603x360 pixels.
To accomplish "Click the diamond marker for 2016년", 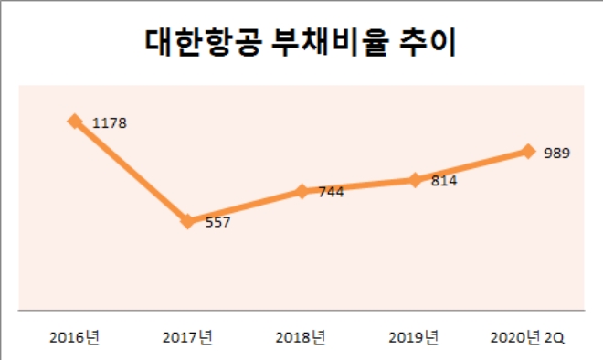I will click(x=74, y=120).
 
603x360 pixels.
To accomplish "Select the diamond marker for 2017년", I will click(x=187, y=221).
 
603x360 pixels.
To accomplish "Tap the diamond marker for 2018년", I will click(x=301, y=191).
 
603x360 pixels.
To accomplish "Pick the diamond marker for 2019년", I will click(x=415, y=180).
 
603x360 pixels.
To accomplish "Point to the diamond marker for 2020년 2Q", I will click(x=527, y=151).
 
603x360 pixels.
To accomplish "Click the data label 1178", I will click(x=108, y=122).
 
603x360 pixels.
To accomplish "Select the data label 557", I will click(x=217, y=222).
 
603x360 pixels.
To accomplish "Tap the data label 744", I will click(x=331, y=192).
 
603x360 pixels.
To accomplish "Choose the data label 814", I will click(x=444, y=181).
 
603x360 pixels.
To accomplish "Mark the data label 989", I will click(x=556, y=153).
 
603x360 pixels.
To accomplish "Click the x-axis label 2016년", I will click(x=75, y=337).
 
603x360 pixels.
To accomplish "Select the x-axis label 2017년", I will click(x=187, y=337).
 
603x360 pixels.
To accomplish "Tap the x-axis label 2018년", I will click(x=301, y=337).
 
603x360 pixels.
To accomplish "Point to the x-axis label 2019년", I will click(x=414, y=337).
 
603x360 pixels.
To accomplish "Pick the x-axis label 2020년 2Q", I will click(x=528, y=337).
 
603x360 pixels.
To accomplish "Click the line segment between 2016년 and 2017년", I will click(x=131, y=171).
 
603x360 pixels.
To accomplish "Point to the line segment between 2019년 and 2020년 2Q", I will click(x=471, y=165).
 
